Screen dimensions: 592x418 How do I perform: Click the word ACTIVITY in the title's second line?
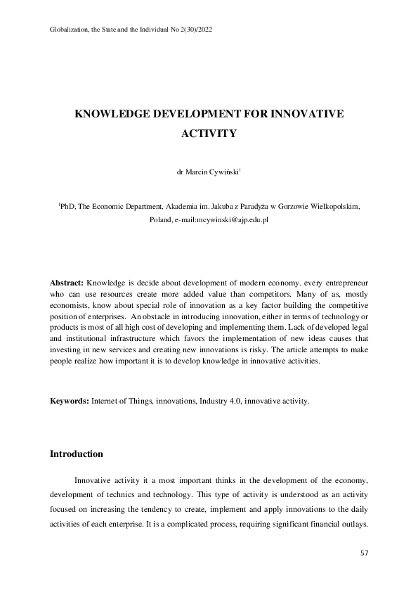tap(209, 131)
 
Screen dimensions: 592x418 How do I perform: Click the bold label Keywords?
tap(69, 401)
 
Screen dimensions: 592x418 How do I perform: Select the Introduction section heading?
tap(76, 453)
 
